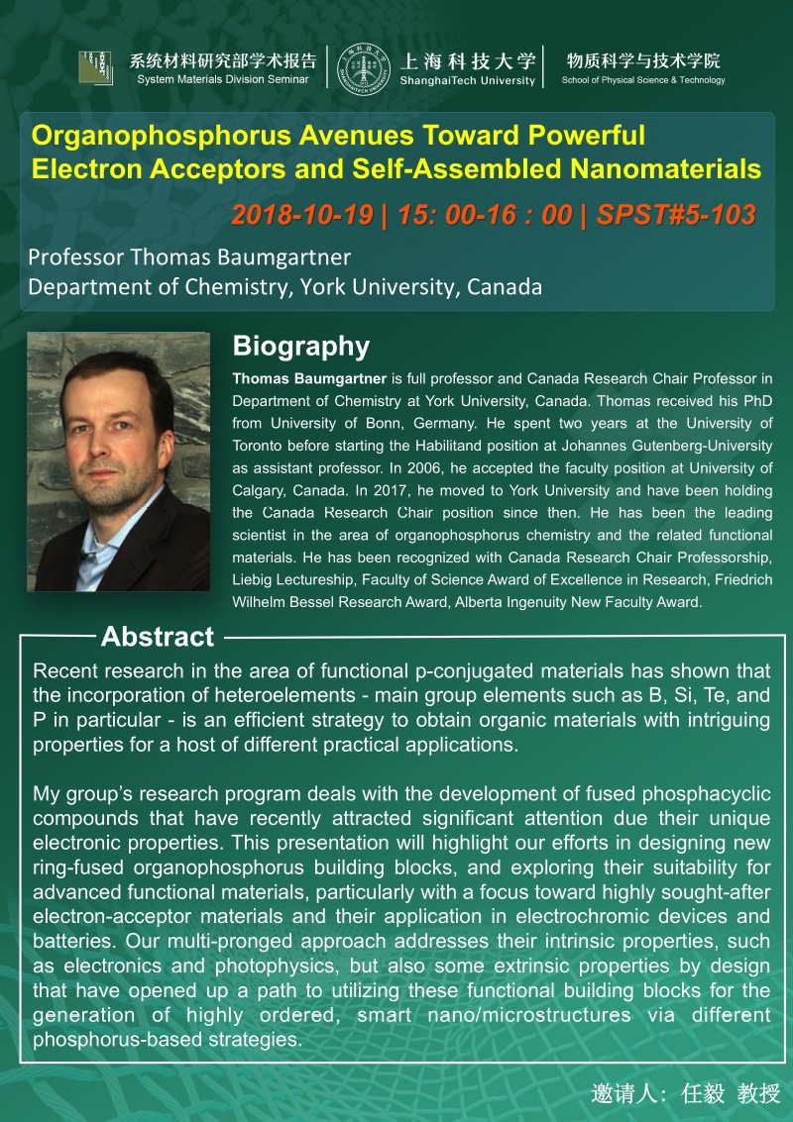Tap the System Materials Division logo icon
(x=95, y=66)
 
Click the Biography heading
(x=300, y=347)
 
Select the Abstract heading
(x=158, y=637)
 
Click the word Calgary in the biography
(x=260, y=490)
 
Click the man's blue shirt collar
(x=96, y=542)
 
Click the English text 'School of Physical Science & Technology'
(x=643, y=80)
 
